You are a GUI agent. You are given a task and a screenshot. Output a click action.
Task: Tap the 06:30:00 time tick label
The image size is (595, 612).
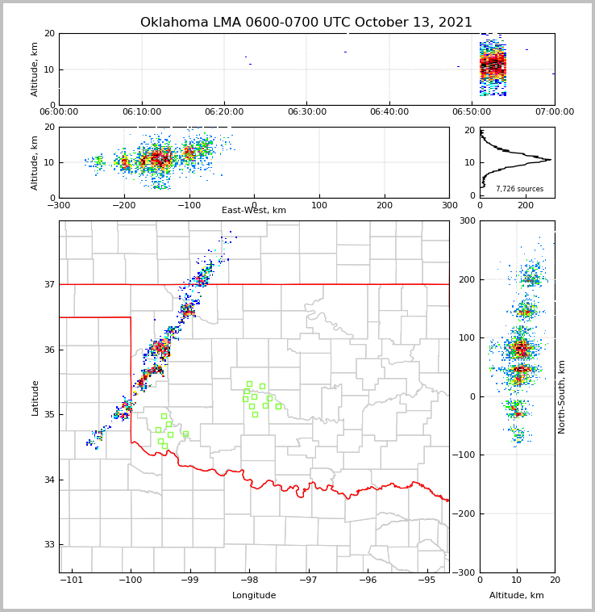click(x=306, y=111)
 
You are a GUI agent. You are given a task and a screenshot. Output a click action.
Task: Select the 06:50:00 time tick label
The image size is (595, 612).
click(x=472, y=111)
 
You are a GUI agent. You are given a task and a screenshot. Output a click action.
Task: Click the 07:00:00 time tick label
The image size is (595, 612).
click(x=555, y=111)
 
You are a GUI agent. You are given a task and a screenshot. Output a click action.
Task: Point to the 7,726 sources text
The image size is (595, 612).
click(x=519, y=189)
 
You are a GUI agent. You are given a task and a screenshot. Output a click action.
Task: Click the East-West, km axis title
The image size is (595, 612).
click(x=254, y=211)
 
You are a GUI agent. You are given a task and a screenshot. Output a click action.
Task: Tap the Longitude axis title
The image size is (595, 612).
click(x=254, y=596)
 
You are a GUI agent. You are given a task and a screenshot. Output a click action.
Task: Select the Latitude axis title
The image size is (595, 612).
click(x=35, y=397)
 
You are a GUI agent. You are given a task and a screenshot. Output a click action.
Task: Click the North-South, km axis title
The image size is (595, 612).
click(x=562, y=396)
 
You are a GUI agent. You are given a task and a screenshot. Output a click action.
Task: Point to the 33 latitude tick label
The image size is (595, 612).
click(x=48, y=545)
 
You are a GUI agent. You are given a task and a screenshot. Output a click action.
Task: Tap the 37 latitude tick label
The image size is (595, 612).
click(x=48, y=284)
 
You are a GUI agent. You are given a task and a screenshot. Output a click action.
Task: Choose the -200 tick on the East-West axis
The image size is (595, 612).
click(x=123, y=204)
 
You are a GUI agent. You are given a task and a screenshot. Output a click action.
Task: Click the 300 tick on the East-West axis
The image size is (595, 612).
click(x=449, y=204)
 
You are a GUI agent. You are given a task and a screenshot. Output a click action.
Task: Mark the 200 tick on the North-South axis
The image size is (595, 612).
click(x=466, y=279)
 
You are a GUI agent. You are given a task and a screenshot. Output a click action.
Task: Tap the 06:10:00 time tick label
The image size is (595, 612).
click(x=141, y=111)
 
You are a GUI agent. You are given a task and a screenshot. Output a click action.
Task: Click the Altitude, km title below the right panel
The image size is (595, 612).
click(x=517, y=596)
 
